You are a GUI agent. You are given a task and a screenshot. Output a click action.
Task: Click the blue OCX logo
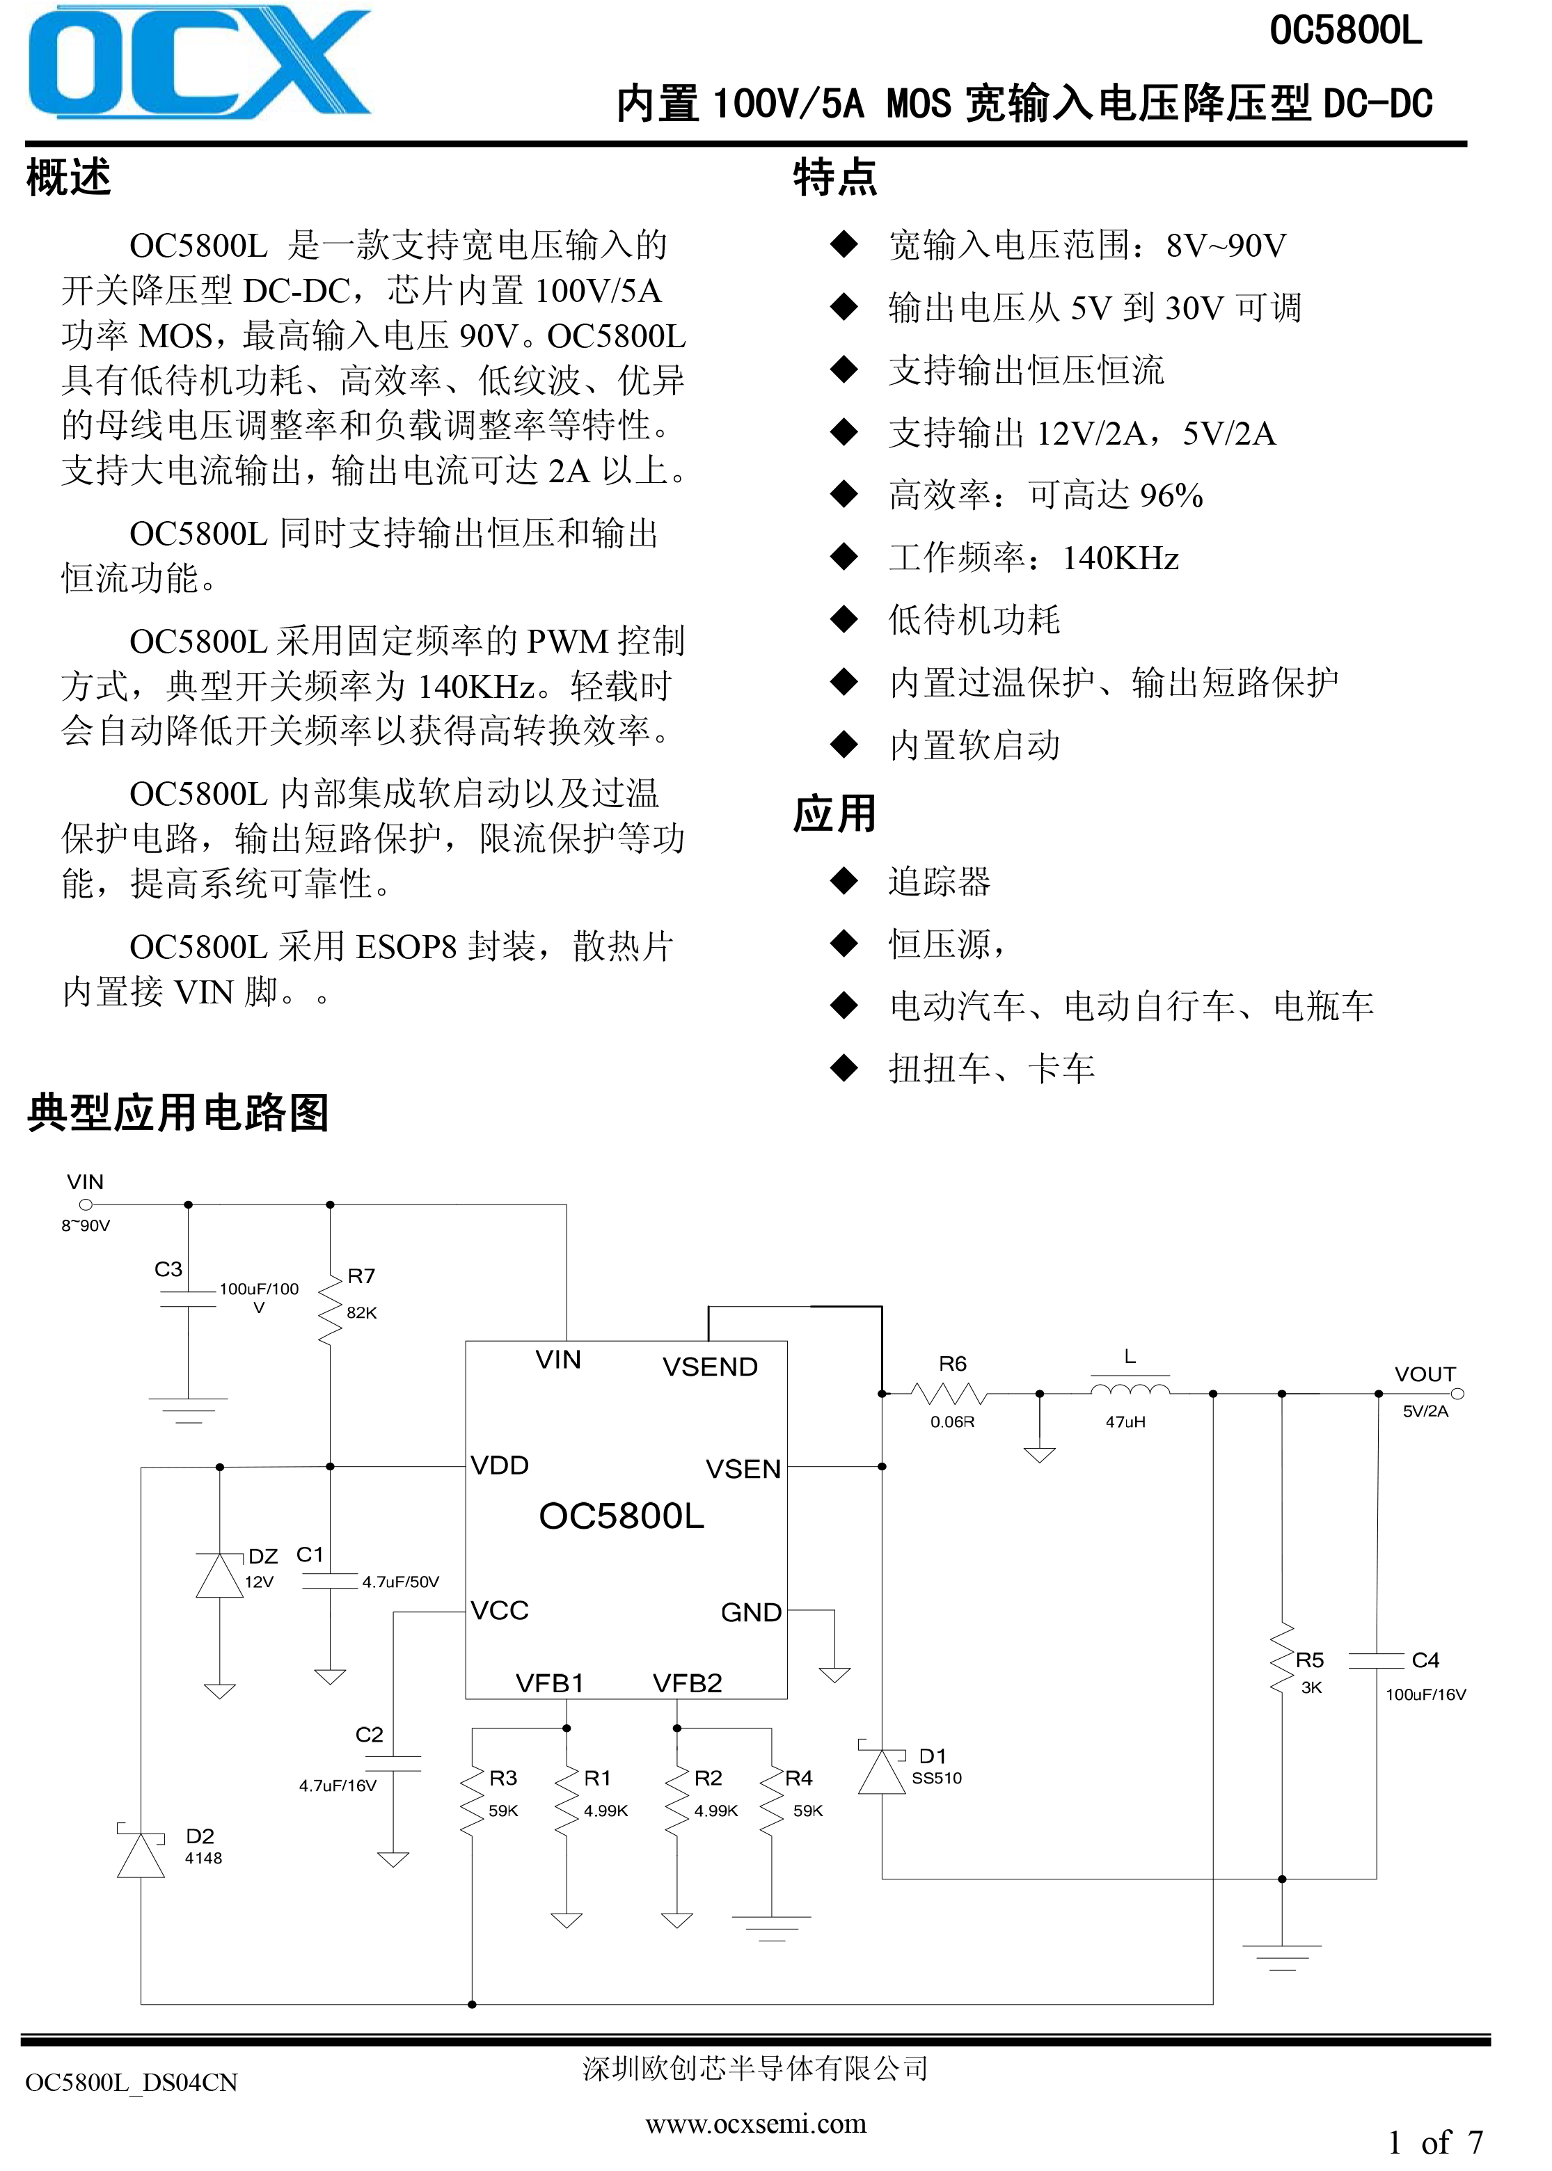pyautogui.click(x=199, y=63)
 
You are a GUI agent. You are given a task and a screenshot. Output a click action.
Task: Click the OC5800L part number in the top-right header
pyautogui.click(x=1345, y=31)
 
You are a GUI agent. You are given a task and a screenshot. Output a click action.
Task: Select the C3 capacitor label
pyautogui.click(x=168, y=1269)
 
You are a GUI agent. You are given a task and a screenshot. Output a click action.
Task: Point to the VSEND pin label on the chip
pyautogui.click(x=710, y=1367)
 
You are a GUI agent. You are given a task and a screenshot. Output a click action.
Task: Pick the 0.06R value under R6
pyautogui.click(x=953, y=1422)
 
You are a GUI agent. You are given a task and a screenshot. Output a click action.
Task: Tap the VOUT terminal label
pyautogui.click(x=1425, y=1374)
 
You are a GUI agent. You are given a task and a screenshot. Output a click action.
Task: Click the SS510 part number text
pyautogui.click(x=937, y=1779)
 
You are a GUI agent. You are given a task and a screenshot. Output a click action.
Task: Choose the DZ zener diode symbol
pyautogui.click(x=220, y=1574)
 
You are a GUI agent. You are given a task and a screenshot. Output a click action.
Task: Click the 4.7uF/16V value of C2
pyautogui.click(x=338, y=1785)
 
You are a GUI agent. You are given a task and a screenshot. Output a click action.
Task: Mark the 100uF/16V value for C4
pyautogui.click(x=1426, y=1694)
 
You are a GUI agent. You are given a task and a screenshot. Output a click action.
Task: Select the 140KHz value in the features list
pyautogui.click(x=1121, y=558)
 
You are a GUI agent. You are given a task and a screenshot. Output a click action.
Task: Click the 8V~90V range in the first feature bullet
pyautogui.click(x=1226, y=246)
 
